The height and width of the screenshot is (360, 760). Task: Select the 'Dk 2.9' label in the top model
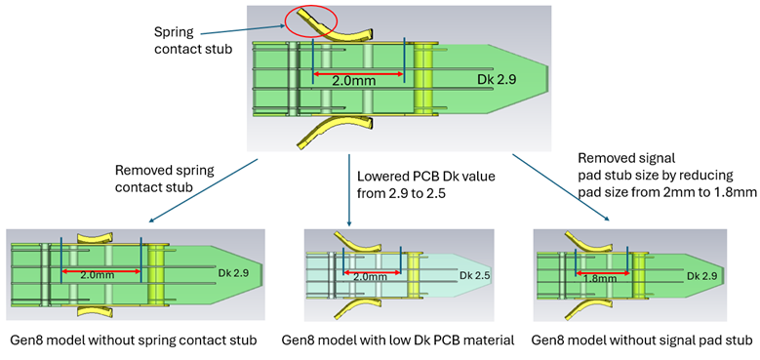click(495, 79)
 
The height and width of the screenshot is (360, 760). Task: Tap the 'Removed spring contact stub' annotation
click(162, 177)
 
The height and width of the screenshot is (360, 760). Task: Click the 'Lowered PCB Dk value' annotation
click(425, 184)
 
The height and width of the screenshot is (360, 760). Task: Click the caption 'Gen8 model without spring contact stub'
click(132, 340)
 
